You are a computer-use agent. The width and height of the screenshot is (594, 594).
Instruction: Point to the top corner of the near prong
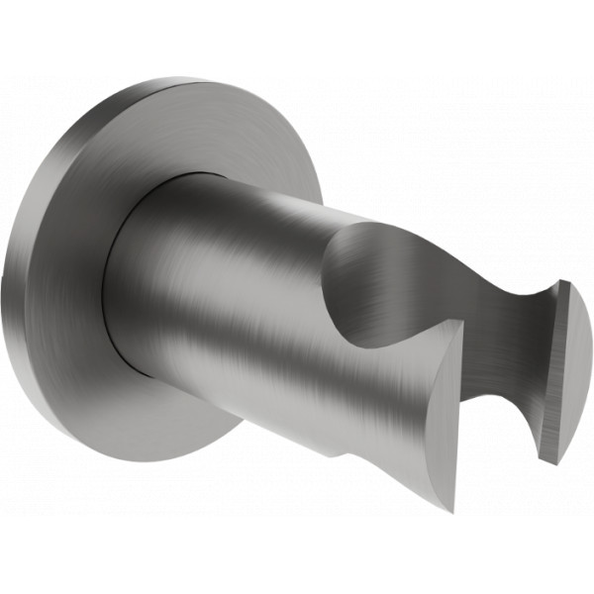click(461, 326)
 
